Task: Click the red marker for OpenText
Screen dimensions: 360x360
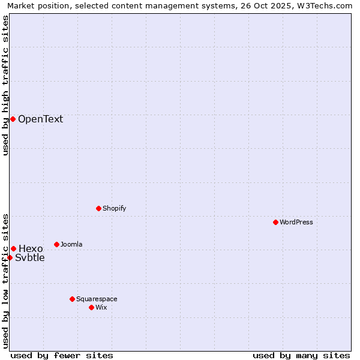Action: pyautogui.click(x=13, y=119)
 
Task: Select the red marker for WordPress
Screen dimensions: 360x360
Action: pyautogui.click(x=275, y=222)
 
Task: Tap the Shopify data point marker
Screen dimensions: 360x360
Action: pyautogui.click(x=98, y=208)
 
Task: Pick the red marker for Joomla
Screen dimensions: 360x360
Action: pyautogui.click(x=56, y=244)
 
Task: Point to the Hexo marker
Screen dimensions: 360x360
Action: pyautogui.click(x=13, y=248)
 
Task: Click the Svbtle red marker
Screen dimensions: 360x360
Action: pyautogui.click(x=10, y=257)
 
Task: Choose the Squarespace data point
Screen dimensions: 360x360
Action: pyautogui.click(x=72, y=299)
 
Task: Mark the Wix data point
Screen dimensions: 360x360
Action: pyautogui.click(x=91, y=307)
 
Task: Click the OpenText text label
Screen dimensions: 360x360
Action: pyautogui.click(x=40, y=119)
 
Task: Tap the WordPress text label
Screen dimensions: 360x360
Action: pyautogui.click(x=296, y=222)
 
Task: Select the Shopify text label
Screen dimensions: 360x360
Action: pyautogui.click(x=114, y=208)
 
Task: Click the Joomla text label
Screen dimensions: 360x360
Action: pyautogui.click(x=71, y=244)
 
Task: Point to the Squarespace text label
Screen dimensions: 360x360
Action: pyautogui.click(x=97, y=299)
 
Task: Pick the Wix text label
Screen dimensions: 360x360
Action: pyautogui.click(x=101, y=307)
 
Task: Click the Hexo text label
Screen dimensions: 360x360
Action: pyautogui.click(x=31, y=248)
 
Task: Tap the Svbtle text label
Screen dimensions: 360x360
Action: pyautogui.click(x=29, y=258)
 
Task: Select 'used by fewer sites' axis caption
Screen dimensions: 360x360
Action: pyautogui.click(x=62, y=355)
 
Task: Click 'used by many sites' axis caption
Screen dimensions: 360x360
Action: pyautogui.click(x=301, y=355)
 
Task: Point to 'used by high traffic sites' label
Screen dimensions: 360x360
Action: pyautogui.click(x=6, y=85)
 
